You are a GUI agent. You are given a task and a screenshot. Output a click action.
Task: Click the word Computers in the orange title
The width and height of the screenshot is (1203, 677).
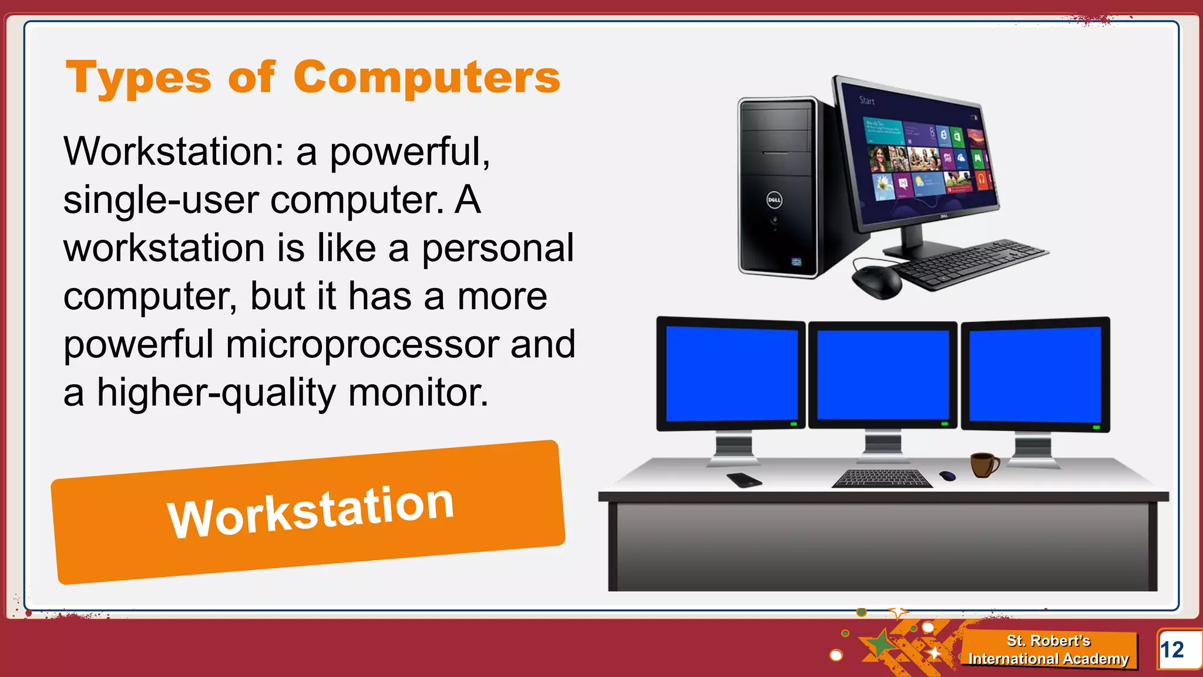click(426, 78)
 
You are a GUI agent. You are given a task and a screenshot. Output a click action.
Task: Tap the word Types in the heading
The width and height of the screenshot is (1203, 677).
click(139, 79)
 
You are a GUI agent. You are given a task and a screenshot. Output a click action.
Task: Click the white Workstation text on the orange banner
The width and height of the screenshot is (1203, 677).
click(311, 511)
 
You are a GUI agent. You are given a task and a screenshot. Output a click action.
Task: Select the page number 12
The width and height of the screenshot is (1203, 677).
click(1172, 650)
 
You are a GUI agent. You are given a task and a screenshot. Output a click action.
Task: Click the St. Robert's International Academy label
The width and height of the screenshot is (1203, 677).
click(1049, 650)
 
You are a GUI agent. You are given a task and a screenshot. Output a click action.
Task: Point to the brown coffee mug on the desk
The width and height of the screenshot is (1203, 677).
click(983, 465)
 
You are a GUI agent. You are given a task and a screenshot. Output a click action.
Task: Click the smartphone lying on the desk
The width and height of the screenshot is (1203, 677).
click(744, 480)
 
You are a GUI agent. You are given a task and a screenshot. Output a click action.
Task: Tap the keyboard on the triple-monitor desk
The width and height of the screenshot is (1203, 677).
click(882, 478)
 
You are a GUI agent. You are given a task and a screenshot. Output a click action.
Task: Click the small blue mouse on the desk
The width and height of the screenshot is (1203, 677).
click(947, 475)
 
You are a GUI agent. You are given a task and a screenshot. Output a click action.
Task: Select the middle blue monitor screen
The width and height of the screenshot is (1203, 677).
click(883, 374)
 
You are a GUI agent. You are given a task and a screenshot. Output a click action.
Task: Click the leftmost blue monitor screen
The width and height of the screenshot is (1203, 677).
click(731, 374)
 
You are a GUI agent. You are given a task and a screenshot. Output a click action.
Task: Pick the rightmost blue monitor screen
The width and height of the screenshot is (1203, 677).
click(1035, 374)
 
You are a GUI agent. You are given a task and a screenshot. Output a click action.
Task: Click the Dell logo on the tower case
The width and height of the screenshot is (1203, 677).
click(774, 200)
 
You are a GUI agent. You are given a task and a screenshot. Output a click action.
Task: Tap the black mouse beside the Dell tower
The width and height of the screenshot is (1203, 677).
click(876, 281)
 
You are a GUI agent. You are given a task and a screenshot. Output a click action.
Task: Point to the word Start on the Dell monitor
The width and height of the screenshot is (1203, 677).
click(867, 100)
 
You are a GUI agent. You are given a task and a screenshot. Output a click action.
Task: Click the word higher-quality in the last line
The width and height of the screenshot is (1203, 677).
click(216, 393)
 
